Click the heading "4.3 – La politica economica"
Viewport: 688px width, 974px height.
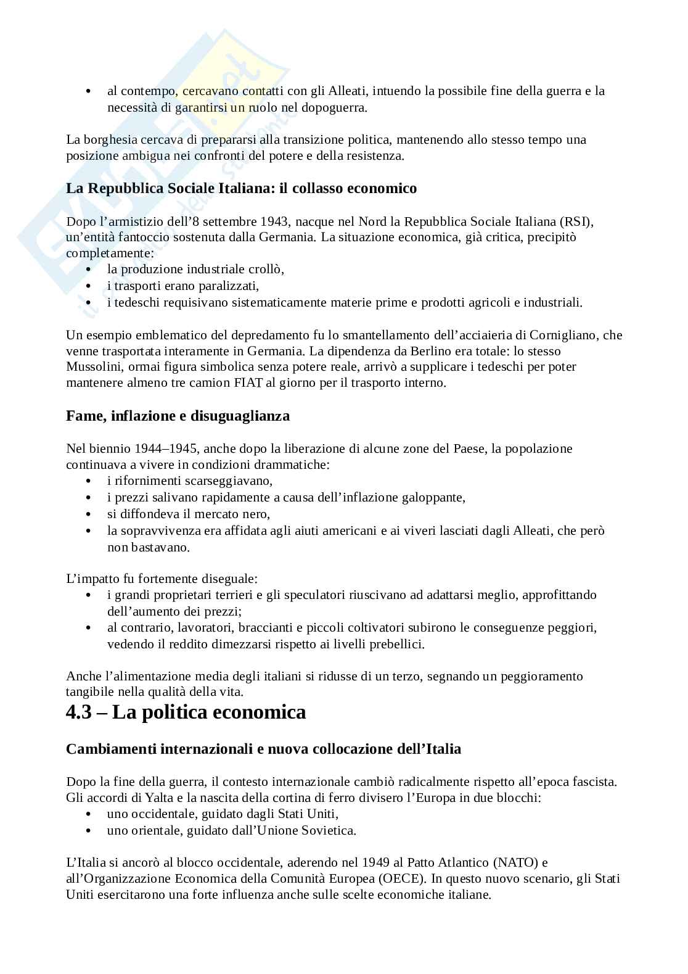pyautogui.click(x=186, y=712)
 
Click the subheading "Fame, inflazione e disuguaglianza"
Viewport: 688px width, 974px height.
pyautogui.click(x=178, y=416)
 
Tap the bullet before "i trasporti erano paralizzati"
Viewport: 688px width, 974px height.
pyautogui.click(x=90, y=286)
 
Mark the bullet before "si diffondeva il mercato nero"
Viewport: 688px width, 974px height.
pyautogui.click(x=90, y=514)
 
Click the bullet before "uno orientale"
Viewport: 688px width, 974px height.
pyautogui.click(x=90, y=831)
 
